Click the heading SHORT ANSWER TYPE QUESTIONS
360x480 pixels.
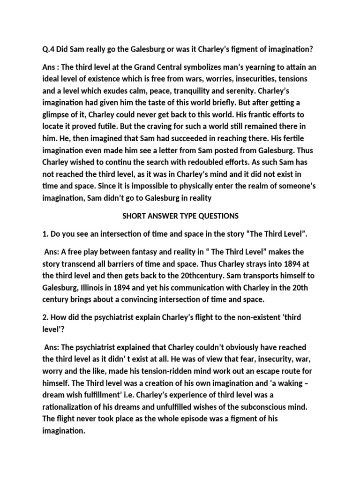click(x=180, y=216)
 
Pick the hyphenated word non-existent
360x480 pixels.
click(x=249, y=318)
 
